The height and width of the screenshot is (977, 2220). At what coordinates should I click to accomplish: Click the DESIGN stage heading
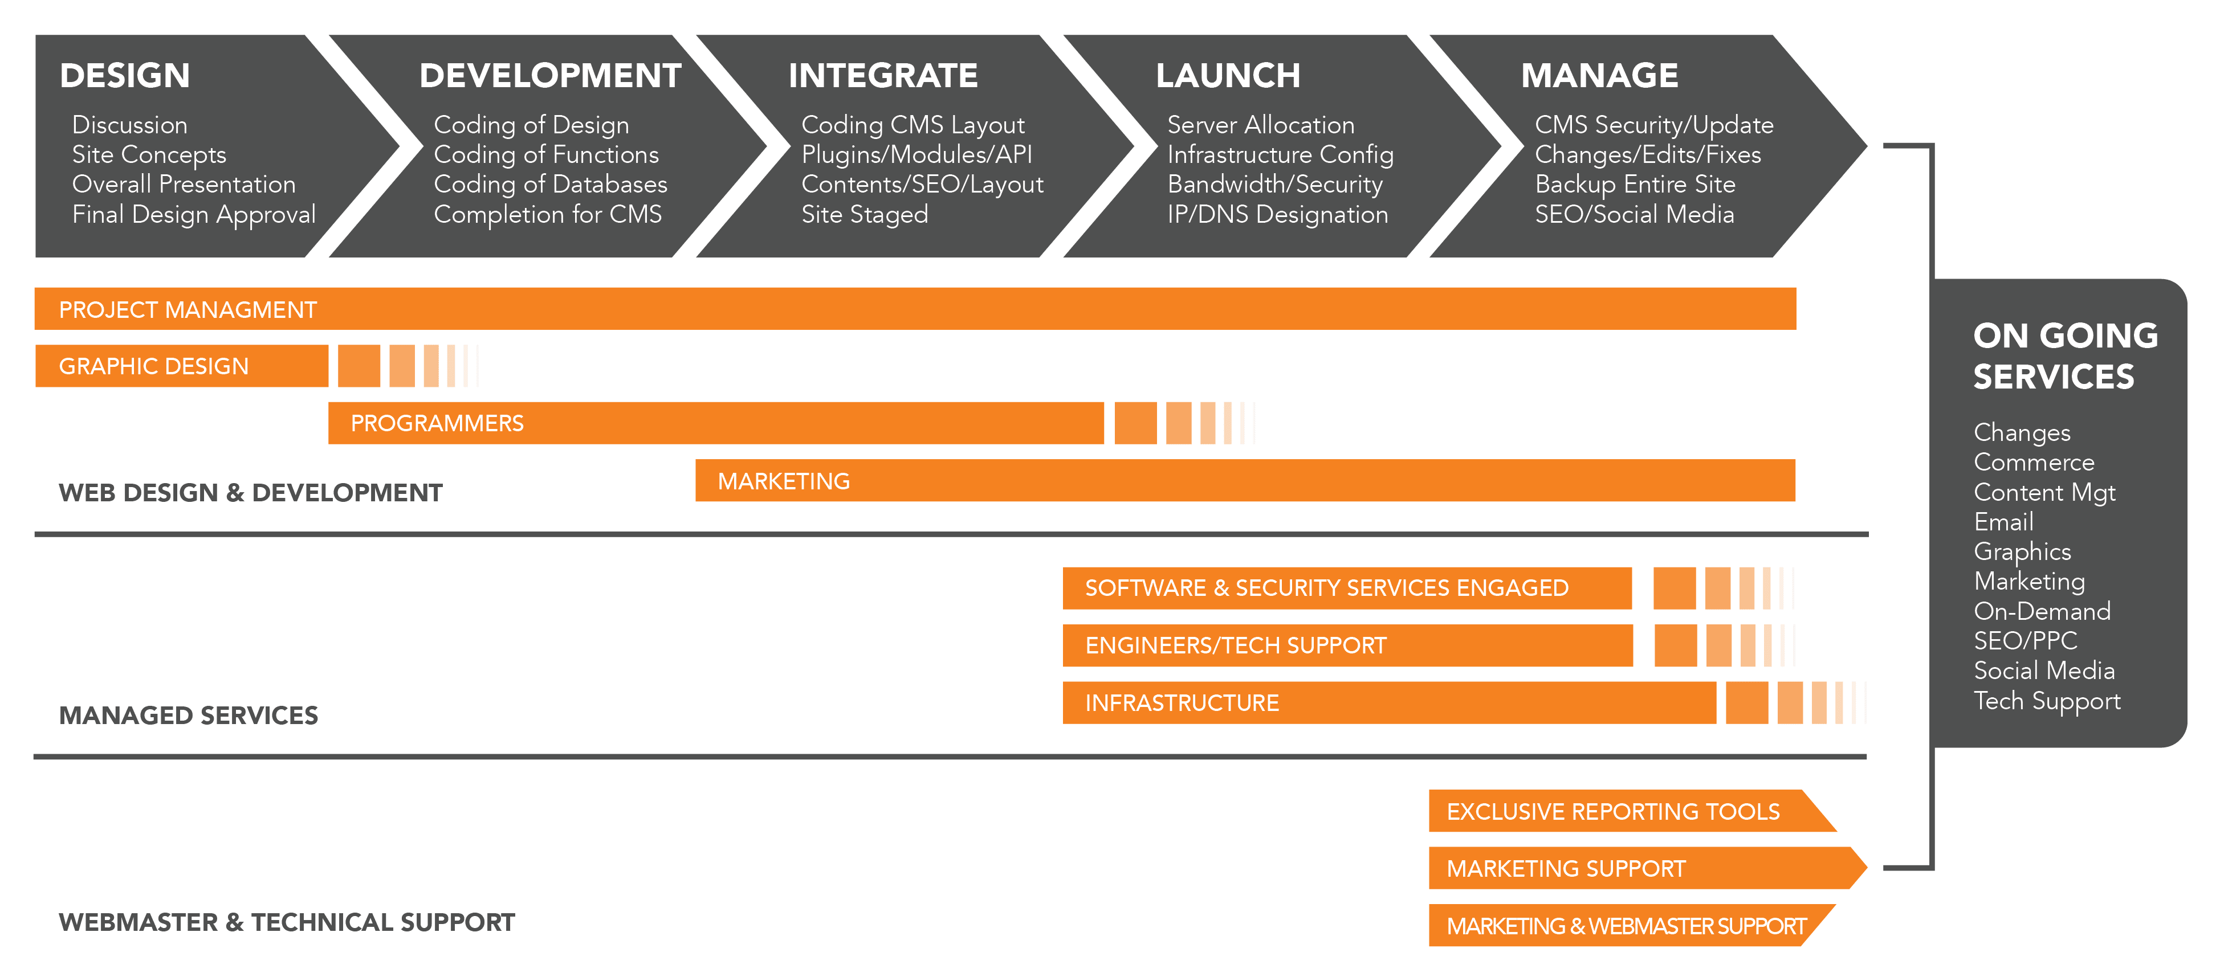pos(125,76)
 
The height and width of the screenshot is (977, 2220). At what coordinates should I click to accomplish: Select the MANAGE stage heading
pos(1599,76)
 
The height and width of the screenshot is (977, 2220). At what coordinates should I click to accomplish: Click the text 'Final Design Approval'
pos(194,215)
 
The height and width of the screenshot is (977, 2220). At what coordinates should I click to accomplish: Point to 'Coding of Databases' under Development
pos(550,185)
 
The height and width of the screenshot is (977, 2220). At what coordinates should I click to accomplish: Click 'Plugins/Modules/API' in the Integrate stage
pos(916,155)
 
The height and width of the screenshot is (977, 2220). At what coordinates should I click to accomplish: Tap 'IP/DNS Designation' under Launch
pos(1277,215)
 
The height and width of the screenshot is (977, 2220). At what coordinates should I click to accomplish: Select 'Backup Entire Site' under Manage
pos(1634,185)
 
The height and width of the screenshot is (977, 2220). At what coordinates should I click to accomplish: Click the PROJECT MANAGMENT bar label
pos(188,310)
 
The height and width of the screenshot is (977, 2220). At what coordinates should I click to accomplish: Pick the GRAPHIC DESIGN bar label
pos(153,367)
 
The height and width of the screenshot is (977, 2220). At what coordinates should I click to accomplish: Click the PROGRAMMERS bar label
pos(437,424)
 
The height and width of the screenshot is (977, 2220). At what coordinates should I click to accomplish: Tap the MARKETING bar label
pos(783,481)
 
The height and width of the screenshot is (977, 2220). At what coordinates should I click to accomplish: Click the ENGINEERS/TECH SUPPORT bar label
pos(1235,646)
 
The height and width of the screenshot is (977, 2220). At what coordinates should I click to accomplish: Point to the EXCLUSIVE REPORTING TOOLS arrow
pos(1612,812)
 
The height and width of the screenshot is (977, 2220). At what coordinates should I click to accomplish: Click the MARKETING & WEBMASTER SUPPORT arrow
pos(1626,927)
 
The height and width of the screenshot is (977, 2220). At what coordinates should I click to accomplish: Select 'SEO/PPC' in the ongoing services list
pos(2025,641)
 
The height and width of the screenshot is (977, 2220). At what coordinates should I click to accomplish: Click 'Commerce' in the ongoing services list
pos(2033,463)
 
